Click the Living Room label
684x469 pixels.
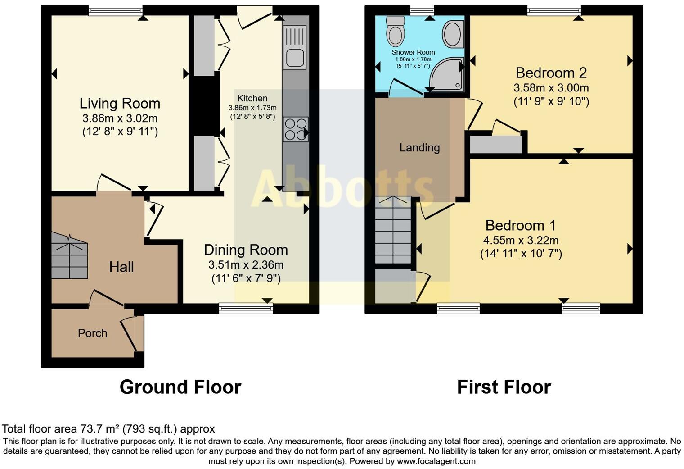point(120,103)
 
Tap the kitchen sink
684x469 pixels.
point(295,47)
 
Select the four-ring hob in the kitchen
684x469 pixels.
point(296,129)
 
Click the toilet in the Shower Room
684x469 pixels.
point(396,32)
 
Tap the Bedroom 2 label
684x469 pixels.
point(551,73)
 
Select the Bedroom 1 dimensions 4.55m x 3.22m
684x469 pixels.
point(521,240)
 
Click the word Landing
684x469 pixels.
point(419,147)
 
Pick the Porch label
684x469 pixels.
point(92,333)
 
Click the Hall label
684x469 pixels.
point(121,267)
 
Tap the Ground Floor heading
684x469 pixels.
point(180,387)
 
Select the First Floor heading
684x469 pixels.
point(504,387)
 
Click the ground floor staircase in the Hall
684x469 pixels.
point(69,257)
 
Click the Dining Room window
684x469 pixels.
point(246,308)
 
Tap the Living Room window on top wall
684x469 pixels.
point(116,10)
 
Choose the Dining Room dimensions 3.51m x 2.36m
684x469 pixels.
point(246,264)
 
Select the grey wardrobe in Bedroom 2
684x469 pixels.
point(495,145)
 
